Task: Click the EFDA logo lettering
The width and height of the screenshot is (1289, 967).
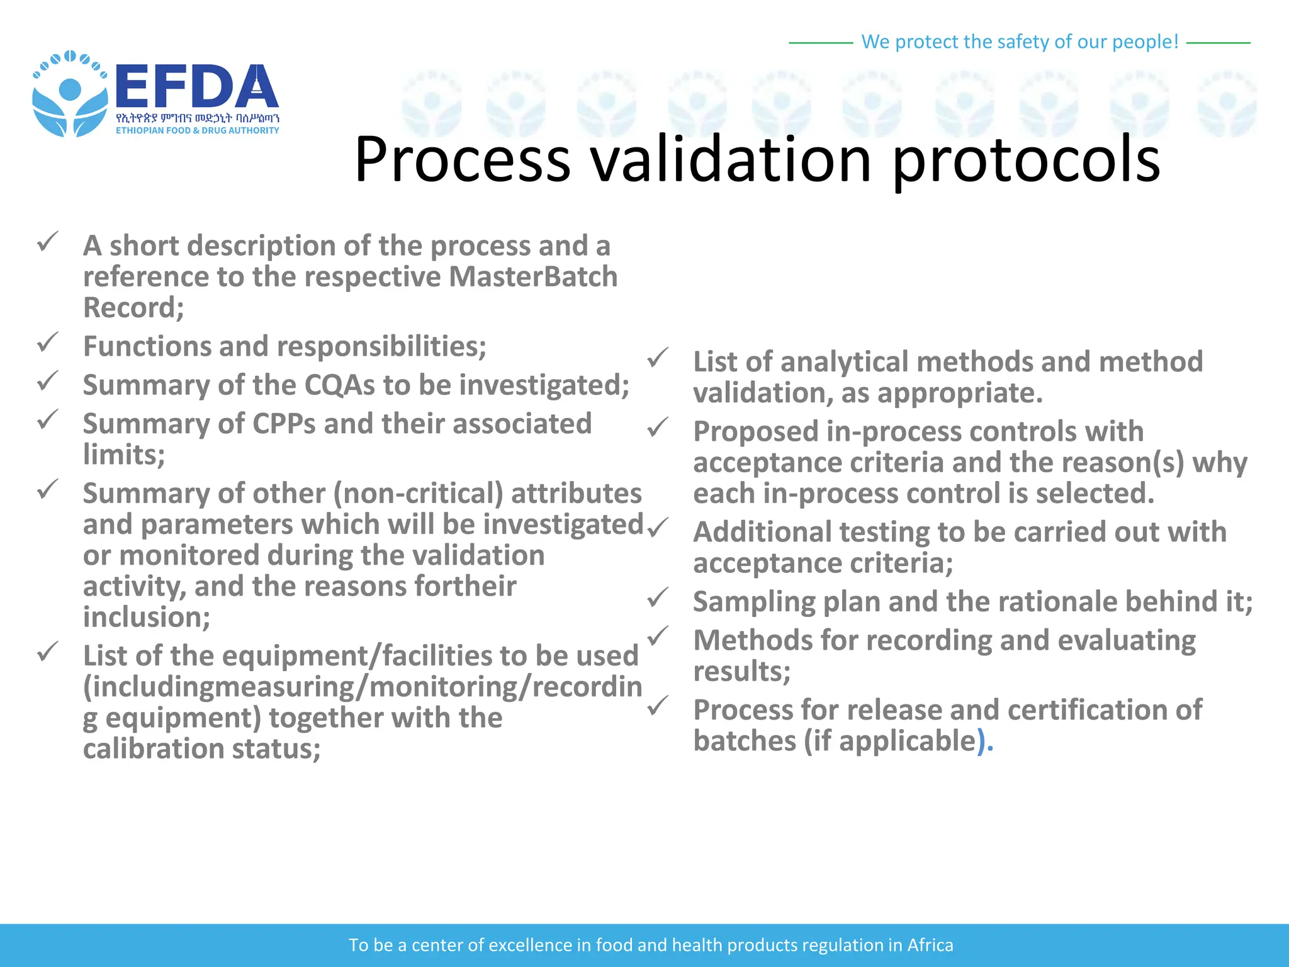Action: click(x=196, y=87)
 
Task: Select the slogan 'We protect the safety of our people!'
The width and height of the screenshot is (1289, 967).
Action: click(x=1019, y=42)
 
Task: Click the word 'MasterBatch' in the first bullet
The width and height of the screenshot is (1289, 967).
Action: click(x=533, y=277)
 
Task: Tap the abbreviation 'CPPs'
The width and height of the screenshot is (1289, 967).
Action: click(x=284, y=424)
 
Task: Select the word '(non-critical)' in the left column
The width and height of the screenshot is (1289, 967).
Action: click(x=418, y=494)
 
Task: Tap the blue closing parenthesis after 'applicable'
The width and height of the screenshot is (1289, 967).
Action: click(x=981, y=742)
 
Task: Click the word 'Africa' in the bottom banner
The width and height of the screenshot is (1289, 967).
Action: click(x=930, y=945)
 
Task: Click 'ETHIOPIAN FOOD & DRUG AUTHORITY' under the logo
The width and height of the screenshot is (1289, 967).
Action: click(x=197, y=130)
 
